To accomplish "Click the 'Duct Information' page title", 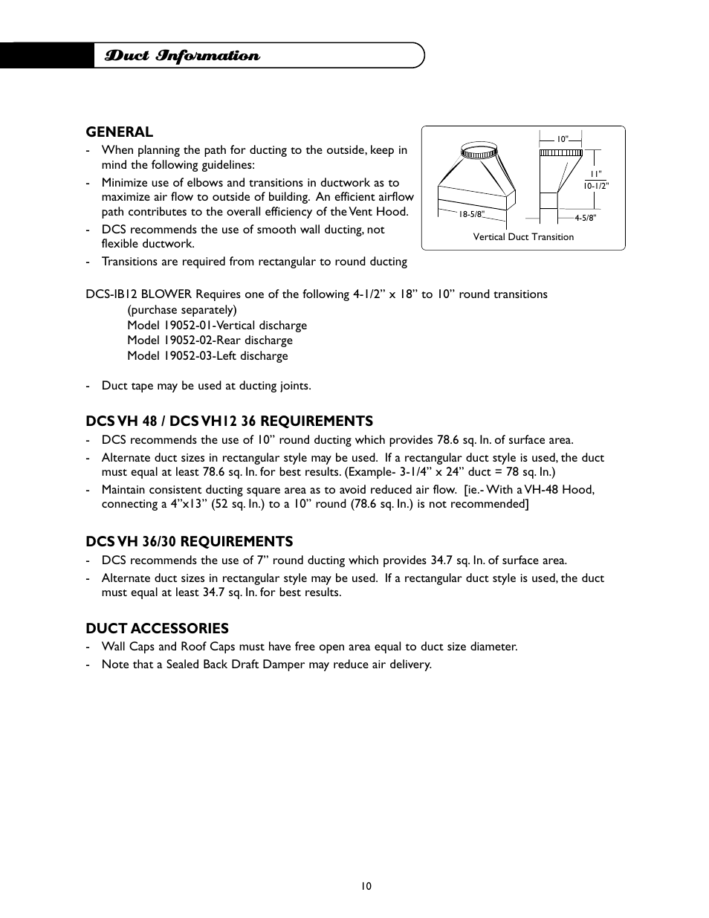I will pos(182,56).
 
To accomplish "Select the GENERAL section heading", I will pos(119,132).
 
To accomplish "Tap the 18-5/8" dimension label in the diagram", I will pos(471,214).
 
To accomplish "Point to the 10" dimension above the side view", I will pos(563,138).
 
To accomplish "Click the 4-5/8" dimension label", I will pos(585,218).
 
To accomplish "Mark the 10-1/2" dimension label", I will pos(596,186).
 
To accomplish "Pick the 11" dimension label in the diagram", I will pos(595,175).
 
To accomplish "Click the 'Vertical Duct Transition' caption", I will pos(523,237).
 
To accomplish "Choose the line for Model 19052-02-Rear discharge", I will pos(210,340).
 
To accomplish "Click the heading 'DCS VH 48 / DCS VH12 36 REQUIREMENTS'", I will pos(229,421).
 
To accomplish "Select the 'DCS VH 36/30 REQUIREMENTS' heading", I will pos(189,541).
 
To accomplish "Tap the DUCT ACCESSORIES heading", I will pos(157,628).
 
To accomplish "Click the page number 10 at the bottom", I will pos(366,886).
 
